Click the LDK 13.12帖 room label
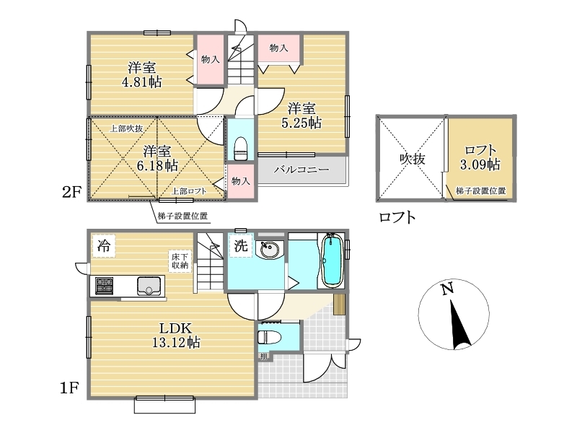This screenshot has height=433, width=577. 176,335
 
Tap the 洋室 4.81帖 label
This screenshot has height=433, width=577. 141,75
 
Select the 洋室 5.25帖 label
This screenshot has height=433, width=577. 301,115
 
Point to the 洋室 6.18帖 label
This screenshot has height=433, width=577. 157,158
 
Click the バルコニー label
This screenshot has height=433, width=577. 301,170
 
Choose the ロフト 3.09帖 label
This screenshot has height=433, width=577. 480,157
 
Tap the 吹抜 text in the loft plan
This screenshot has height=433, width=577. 413,159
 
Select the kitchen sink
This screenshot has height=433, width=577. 149,286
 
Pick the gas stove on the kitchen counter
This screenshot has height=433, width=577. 105,286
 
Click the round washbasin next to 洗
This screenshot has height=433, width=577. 270,250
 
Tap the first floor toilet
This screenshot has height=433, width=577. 269,337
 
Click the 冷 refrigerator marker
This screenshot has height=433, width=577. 104,245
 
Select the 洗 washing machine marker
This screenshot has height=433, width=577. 241,245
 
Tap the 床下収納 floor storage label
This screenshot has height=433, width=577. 180,261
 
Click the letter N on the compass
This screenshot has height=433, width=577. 447,289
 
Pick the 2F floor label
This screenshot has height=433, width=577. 71,192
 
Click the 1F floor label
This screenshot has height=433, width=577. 70,388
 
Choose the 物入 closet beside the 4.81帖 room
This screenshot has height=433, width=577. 210,60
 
